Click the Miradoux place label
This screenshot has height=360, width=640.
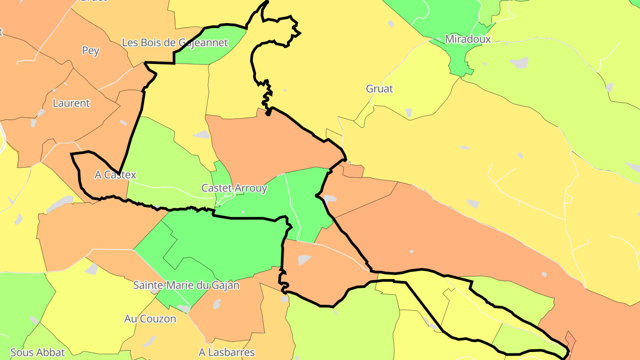coord(468,39)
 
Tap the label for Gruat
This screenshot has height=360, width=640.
coord(380,89)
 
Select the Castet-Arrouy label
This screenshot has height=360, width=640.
coord(234,188)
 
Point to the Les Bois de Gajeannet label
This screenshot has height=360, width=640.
coord(175,43)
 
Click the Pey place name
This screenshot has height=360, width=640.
coord(91,51)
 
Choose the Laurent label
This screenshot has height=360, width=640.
coord(71,103)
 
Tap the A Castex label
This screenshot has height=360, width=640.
coord(116,175)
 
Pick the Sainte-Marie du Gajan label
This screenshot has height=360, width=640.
coord(186,285)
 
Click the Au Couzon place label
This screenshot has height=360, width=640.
coord(150,319)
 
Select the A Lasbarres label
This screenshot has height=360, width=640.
coord(227,353)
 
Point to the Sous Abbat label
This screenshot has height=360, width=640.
coord(38,353)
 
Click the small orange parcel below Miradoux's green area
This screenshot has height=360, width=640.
coord(353,170)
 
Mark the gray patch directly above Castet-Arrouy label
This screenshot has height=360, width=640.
coord(201,134)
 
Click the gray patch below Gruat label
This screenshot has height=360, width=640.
coord(408,113)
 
